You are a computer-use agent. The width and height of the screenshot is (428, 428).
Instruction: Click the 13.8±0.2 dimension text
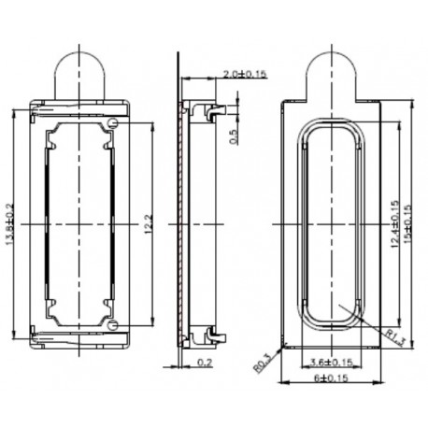click(x=12, y=223)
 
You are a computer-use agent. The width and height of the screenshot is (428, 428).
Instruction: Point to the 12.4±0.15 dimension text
click(x=395, y=224)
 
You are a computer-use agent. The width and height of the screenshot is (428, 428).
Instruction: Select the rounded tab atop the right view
click(x=333, y=70)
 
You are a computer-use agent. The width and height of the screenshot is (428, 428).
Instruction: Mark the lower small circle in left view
click(x=113, y=324)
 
